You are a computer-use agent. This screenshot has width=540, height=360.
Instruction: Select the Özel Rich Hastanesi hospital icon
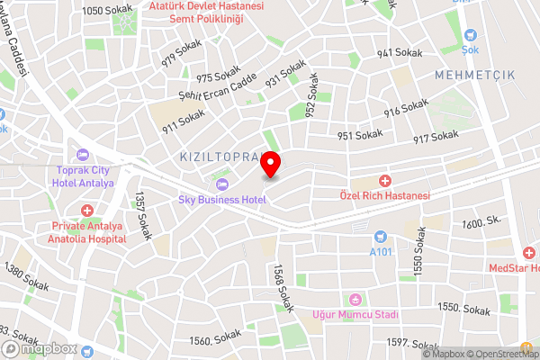tap(384, 181)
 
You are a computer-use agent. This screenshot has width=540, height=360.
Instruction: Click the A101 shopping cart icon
tap(380, 237)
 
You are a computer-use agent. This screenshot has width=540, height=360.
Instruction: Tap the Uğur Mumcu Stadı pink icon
tap(355, 299)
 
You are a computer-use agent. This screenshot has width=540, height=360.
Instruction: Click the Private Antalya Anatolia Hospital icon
tap(87, 211)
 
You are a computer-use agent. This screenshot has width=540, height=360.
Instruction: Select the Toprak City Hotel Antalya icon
tap(83, 154)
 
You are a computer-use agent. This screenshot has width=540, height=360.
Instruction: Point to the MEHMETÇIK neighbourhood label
tap(474, 76)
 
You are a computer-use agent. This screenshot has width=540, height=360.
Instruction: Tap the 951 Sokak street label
tap(360, 136)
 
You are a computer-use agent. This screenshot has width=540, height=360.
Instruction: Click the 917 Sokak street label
tap(436, 137)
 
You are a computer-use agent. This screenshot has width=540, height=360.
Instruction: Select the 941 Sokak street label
tap(399, 54)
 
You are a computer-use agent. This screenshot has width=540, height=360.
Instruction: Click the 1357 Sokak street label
tap(141, 216)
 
